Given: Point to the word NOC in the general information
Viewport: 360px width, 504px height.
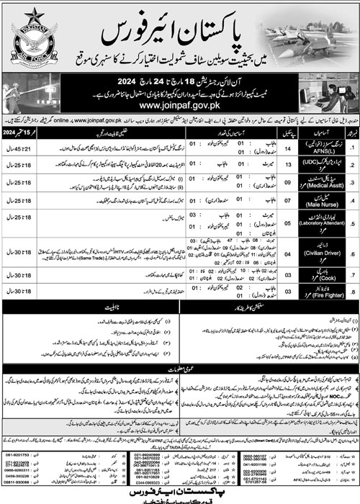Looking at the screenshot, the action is (x=213, y=394).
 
